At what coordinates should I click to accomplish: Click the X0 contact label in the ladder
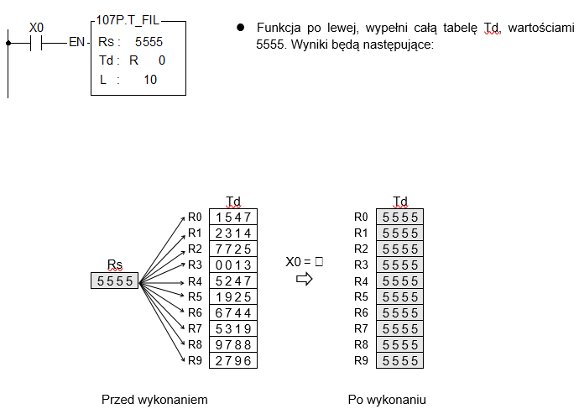(x=36, y=28)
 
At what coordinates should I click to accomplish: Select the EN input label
(x=77, y=42)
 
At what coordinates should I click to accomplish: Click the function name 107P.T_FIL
(x=128, y=20)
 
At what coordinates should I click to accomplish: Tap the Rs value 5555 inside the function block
(x=149, y=42)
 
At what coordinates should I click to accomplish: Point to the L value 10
(x=150, y=80)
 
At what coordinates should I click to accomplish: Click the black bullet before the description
(x=240, y=28)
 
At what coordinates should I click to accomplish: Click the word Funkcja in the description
(x=279, y=28)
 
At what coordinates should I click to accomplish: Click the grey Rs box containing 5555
(x=114, y=281)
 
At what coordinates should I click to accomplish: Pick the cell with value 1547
(x=233, y=217)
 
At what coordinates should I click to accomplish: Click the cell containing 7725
(x=233, y=249)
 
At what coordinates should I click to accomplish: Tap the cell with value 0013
(x=233, y=265)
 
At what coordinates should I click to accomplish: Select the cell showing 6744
(x=233, y=313)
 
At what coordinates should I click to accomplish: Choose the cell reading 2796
(x=233, y=360)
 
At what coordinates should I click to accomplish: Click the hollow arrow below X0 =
(x=305, y=279)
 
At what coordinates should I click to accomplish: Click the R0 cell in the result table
(x=400, y=217)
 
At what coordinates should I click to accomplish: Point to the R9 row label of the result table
(x=361, y=360)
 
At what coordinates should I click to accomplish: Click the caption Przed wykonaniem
(x=154, y=400)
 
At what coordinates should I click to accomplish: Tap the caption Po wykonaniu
(x=387, y=400)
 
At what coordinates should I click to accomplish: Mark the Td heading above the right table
(x=400, y=202)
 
